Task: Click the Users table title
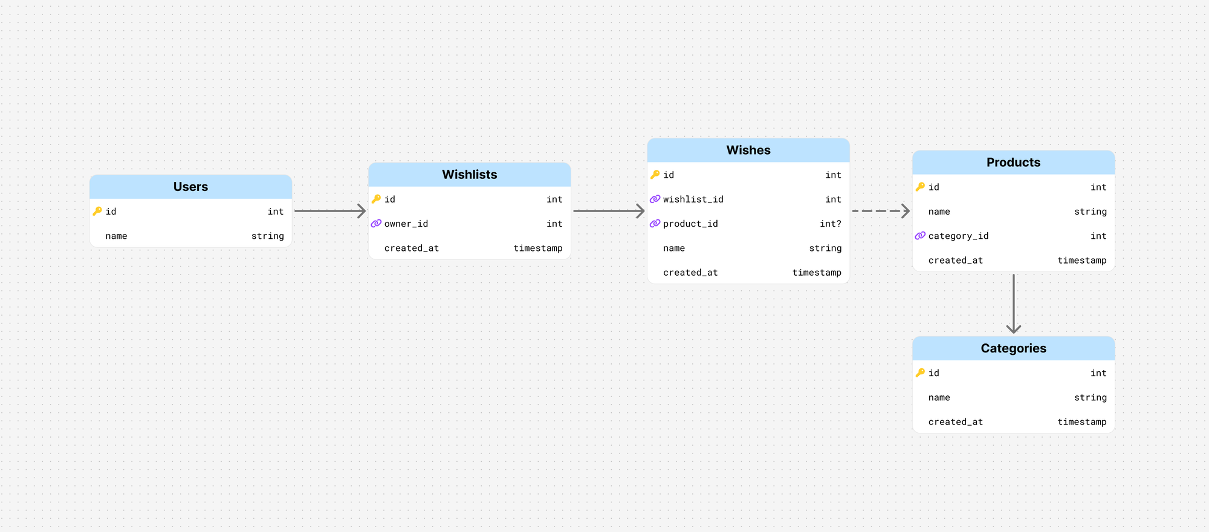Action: (190, 187)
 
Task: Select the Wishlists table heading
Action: (470, 175)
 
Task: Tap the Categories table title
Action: (1014, 348)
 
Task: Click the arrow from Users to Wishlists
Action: (330, 211)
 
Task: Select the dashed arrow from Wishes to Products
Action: (881, 211)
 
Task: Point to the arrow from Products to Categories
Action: (1014, 303)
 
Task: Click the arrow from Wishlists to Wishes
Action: (609, 211)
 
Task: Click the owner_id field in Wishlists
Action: (406, 224)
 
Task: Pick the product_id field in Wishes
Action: (690, 224)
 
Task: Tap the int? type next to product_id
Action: (831, 224)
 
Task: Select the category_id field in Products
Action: (958, 236)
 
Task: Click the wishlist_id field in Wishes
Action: (693, 199)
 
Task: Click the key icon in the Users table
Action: (97, 211)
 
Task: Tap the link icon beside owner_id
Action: (376, 224)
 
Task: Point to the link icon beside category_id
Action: (920, 236)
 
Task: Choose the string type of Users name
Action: (268, 236)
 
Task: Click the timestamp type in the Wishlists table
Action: (538, 248)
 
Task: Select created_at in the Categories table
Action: (956, 422)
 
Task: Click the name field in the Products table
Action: (939, 212)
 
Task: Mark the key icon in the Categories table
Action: (920, 373)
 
